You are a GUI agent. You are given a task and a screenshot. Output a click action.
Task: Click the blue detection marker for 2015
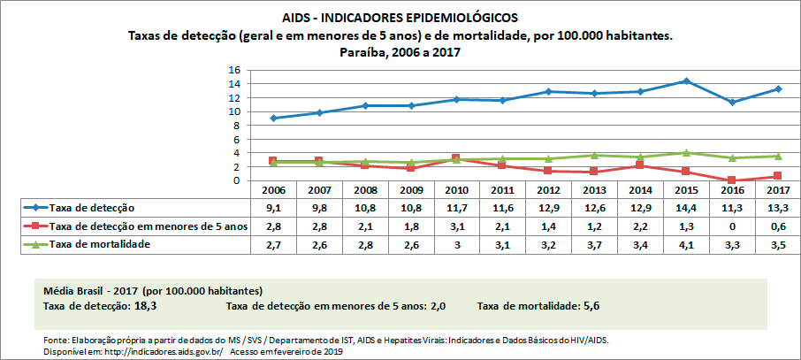click(x=685, y=81)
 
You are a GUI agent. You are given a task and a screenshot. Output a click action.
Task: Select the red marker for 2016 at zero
click(x=731, y=180)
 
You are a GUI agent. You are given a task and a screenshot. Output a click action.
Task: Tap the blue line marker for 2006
click(x=272, y=118)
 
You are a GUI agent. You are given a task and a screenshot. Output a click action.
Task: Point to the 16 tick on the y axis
click(x=235, y=70)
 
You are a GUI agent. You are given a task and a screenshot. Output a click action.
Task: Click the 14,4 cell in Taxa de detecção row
click(x=685, y=208)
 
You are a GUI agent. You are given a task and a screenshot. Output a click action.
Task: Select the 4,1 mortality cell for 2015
click(x=685, y=243)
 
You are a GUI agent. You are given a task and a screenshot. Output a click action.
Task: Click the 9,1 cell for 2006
click(x=272, y=208)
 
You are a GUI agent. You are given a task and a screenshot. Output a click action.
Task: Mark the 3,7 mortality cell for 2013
click(x=593, y=243)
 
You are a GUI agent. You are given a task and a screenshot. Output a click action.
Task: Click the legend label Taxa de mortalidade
click(x=100, y=243)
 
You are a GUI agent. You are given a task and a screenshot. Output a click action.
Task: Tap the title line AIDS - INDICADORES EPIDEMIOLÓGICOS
click(x=400, y=17)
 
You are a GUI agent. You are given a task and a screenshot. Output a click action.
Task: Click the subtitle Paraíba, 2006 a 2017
click(x=400, y=52)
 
